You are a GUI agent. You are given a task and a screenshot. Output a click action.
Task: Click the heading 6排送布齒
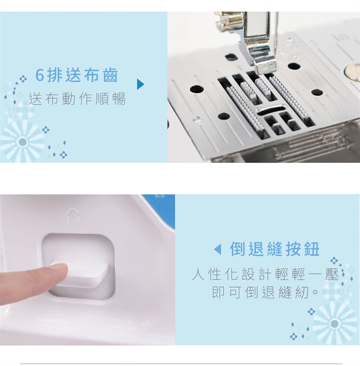point(76,75)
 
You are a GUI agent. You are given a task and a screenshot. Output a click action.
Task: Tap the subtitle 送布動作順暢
point(77,99)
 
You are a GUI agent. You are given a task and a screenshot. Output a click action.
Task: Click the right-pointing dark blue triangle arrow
point(140,84)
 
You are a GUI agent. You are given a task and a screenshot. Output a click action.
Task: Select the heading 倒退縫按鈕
point(274,249)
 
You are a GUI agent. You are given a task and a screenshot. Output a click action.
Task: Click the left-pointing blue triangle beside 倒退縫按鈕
point(217,249)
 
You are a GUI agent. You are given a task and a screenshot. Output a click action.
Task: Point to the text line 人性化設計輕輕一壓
point(265,274)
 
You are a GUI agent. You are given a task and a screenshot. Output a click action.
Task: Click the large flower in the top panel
point(22,142)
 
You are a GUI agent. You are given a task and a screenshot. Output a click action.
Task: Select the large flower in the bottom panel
point(335,324)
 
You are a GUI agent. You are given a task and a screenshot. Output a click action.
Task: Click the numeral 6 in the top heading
point(39,75)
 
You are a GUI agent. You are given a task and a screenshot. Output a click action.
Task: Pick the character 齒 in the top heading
point(110,75)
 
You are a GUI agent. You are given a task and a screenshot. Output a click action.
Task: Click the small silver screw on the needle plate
point(197,120)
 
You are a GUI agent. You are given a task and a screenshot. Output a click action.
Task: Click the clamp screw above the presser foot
point(226,21)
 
